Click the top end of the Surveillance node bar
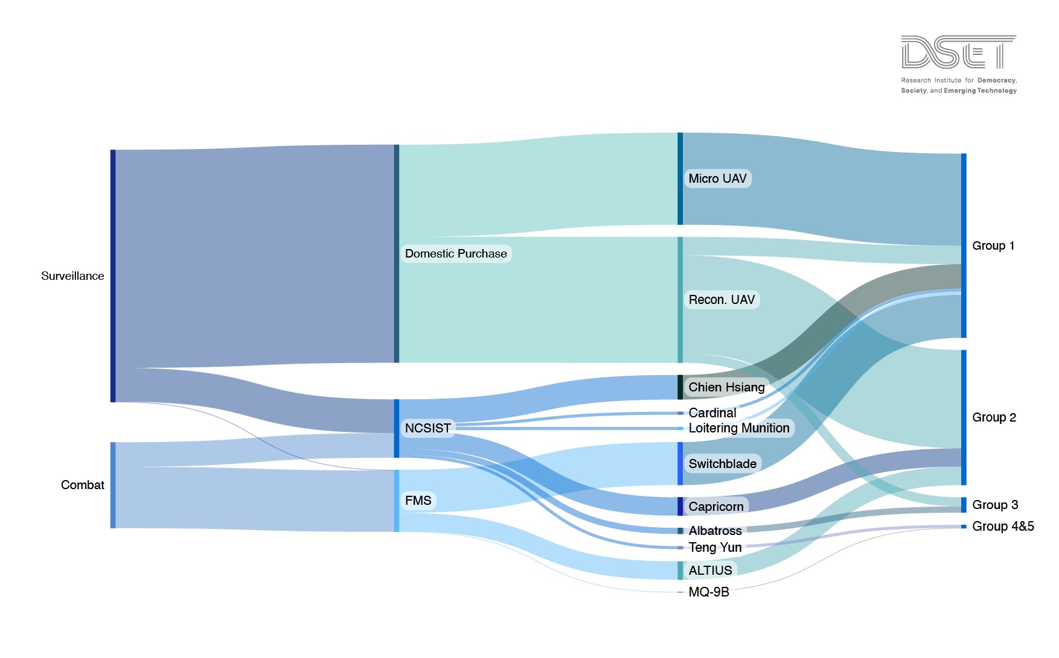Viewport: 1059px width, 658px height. click(x=113, y=150)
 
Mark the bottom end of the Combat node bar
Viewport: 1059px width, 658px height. click(x=113, y=528)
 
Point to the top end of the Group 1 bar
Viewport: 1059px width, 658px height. click(x=964, y=154)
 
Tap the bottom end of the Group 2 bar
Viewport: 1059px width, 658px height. click(x=964, y=484)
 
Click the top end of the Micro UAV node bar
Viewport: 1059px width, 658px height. click(x=680, y=133)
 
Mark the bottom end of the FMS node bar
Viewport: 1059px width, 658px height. click(x=397, y=531)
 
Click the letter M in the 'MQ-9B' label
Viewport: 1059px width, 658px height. click(x=694, y=592)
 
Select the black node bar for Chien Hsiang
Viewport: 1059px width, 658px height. click(x=680, y=387)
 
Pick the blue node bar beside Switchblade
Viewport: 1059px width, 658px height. click(x=680, y=464)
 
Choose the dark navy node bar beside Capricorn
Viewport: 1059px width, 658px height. click(x=680, y=507)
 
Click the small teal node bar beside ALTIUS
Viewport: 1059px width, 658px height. click(x=680, y=571)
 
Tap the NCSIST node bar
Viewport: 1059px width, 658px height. click(x=397, y=428)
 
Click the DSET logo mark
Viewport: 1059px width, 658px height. click(x=959, y=52)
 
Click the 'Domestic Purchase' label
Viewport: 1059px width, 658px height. click(x=456, y=254)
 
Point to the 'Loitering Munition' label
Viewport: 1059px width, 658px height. click(x=739, y=428)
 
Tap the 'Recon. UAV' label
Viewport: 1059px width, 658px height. click(x=721, y=300)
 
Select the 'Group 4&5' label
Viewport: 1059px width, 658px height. click(x=1003, y=527)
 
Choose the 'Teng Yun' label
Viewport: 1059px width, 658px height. click(x=715, y=548)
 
